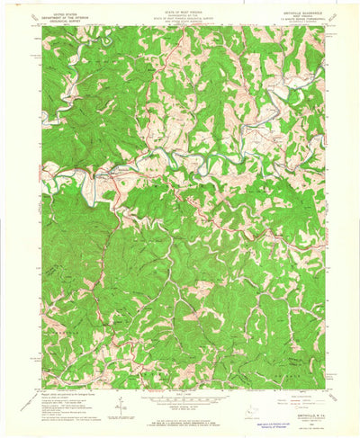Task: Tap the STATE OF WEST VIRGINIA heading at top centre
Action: (x=180, y=11)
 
